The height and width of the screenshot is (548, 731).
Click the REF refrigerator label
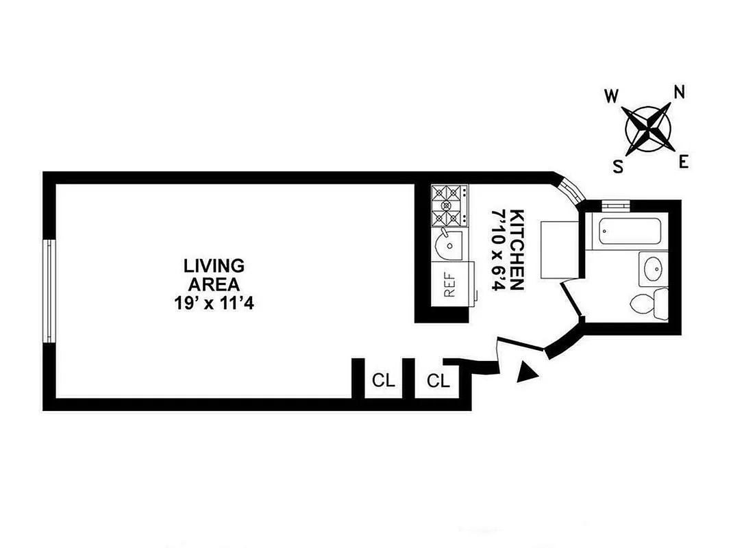click(450, 284)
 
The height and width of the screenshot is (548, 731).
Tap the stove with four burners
click(449, 206)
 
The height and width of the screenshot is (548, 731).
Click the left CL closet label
click(384, 381)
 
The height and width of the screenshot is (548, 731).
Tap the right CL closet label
click(438, 381)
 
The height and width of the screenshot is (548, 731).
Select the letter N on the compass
click(679, 92)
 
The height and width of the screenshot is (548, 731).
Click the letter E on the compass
click(683, 162)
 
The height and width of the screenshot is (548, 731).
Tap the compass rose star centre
click(647, 128)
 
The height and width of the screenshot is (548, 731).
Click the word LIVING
click(214, 266)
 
